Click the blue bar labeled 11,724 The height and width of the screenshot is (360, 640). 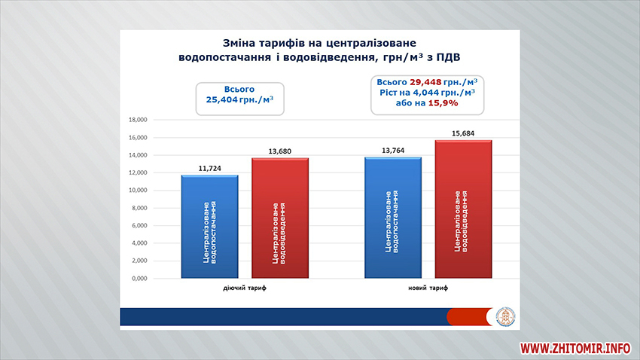tap(210, 227)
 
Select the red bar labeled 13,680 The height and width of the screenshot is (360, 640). tap(280, 218)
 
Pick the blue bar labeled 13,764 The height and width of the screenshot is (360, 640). tap(393, 218)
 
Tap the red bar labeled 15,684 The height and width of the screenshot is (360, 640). tap(463, 209)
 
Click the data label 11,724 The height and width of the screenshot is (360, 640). tap(210, 168)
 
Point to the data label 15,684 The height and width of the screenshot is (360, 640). tap(463, 133)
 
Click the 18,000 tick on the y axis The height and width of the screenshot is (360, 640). tap(138, 120)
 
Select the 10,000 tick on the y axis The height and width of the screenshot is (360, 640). tap(138, 191)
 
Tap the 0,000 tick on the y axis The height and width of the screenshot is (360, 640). tap(139, 279)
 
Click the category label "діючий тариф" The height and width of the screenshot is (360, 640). tap(245, 288)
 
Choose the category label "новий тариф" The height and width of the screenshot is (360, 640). tap(428, 288)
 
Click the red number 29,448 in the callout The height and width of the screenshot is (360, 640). tap(425, 82)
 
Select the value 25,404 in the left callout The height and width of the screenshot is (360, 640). tap(221, 99)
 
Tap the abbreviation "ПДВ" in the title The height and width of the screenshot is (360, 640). tap(448, 57)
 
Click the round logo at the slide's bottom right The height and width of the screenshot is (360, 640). tap(505, 317)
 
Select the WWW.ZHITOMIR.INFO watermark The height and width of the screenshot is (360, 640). tap(575, 348)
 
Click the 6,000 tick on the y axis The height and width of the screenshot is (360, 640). tap(139, 225)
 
